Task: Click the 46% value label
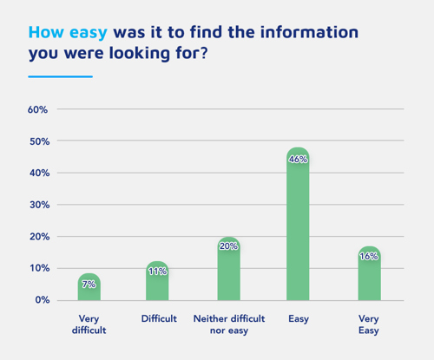[298, 160]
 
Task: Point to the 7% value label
[89, 285]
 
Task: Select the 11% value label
[157, 272]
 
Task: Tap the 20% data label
[228, 246]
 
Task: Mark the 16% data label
[369, 257]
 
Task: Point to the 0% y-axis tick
[41, 300]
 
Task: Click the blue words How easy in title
[69, 32]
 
